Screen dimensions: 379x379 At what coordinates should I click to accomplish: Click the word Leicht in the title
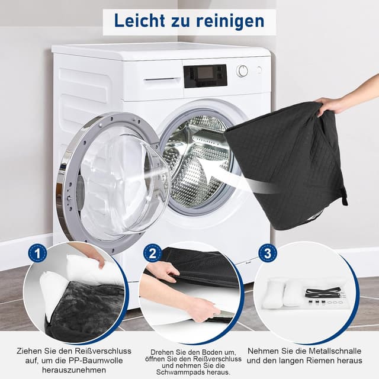click(140, 21)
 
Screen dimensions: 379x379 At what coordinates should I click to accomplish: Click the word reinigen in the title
click(230, 22)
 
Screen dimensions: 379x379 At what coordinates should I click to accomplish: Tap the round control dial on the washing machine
click(242, 71)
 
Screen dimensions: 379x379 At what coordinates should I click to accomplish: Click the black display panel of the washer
click(205, 76)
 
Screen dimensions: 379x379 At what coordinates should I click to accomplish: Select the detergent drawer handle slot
click(160, 79)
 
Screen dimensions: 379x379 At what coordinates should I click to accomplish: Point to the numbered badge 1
click(37, 253)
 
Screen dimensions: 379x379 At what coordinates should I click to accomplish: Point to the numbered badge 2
click(153, 253)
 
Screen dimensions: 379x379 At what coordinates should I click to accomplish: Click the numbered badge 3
click(268, 253)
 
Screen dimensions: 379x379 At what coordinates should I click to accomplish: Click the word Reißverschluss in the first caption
click(103, 351)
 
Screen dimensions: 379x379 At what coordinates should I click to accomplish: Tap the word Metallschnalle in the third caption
click(334, 351)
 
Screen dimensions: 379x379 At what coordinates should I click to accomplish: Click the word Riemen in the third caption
click(320, 361)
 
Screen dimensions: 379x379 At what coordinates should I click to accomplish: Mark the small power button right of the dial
click(259, 70)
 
